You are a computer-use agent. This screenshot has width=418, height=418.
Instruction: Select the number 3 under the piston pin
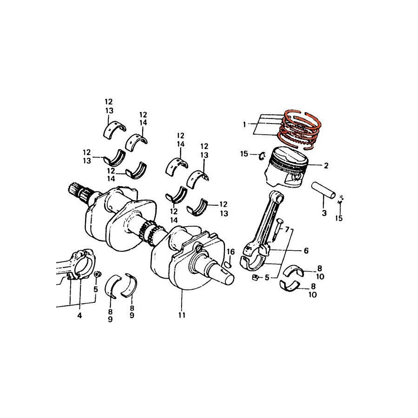pyautogui.click(x=324, y=213)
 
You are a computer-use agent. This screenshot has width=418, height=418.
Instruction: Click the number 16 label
pyautogui.click(x=231, y=252)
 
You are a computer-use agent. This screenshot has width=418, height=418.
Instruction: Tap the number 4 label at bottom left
pyautogui.click(x=79, y=315)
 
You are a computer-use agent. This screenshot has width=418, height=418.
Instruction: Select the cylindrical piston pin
pyautogui.click(x=323, y=190)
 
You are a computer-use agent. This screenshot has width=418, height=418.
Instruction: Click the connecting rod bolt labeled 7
pyautogui.click(x=278, y=230)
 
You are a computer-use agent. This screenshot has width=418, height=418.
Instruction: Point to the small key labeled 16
pyautogui.click(x=228, y=265)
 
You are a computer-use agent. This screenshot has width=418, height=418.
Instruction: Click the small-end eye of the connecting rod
pyautogui.click(x=278, y=196)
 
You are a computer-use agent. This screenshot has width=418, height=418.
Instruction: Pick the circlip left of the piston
pyautogui.click(x=261, y=155)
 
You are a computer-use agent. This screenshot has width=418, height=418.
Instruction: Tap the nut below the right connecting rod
pyautogui.click(x=255, y=278)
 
